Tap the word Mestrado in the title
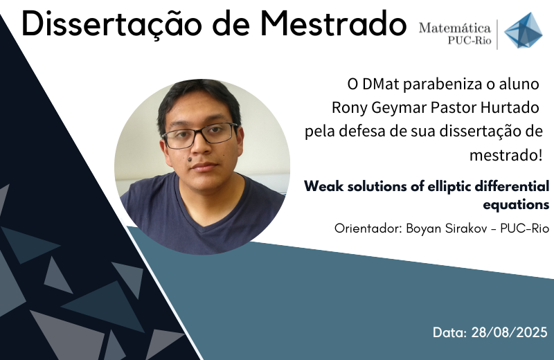coord(333,24)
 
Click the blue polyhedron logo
coord(524,30)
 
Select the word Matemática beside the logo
coord(455,28)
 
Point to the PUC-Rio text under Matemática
coord(470,41)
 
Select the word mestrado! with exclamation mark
coord(506,155)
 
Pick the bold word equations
coord(516,205)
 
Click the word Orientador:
coord(368,228)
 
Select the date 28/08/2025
coord(509,332)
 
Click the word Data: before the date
coord(449,332)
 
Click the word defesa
coord(361,131)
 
